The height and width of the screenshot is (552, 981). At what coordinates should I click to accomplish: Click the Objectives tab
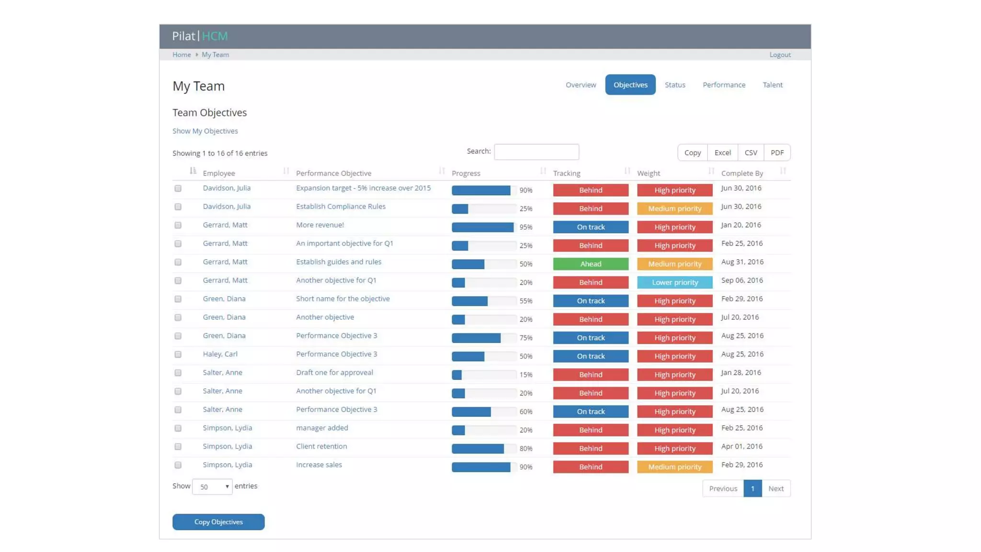(630, 85)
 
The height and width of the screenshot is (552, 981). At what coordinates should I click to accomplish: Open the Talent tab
(772, 85)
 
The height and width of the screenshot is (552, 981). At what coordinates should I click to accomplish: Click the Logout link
(779, 55)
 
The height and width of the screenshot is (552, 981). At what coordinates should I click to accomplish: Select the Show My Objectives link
(205, 131)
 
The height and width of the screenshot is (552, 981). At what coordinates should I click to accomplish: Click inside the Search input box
(536, 152)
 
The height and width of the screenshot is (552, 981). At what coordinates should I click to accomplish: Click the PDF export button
(776, 153)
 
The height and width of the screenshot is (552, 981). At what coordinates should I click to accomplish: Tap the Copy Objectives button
(218, 522)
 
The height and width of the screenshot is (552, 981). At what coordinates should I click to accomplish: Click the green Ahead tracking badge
(590, 264)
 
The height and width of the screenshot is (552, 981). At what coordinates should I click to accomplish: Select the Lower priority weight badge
(674, 282)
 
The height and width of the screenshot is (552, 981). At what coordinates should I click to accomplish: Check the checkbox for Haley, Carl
(178, 355)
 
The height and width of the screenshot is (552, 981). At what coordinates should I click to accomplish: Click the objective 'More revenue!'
(319, 225)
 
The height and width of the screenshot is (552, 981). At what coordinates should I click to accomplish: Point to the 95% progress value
(525, 227)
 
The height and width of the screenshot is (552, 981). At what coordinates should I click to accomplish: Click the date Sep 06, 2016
(742, 280)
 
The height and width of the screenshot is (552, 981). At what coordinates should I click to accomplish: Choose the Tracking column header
(566, 173)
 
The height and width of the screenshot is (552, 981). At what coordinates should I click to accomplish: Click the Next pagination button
(776, 488)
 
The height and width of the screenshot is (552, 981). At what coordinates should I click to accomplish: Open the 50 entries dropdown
(212, 487)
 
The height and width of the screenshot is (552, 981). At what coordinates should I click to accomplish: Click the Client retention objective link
(321, 446)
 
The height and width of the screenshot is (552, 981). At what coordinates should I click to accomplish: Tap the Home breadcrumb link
(182, 55)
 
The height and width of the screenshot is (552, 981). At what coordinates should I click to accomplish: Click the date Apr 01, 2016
(741, 446)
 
